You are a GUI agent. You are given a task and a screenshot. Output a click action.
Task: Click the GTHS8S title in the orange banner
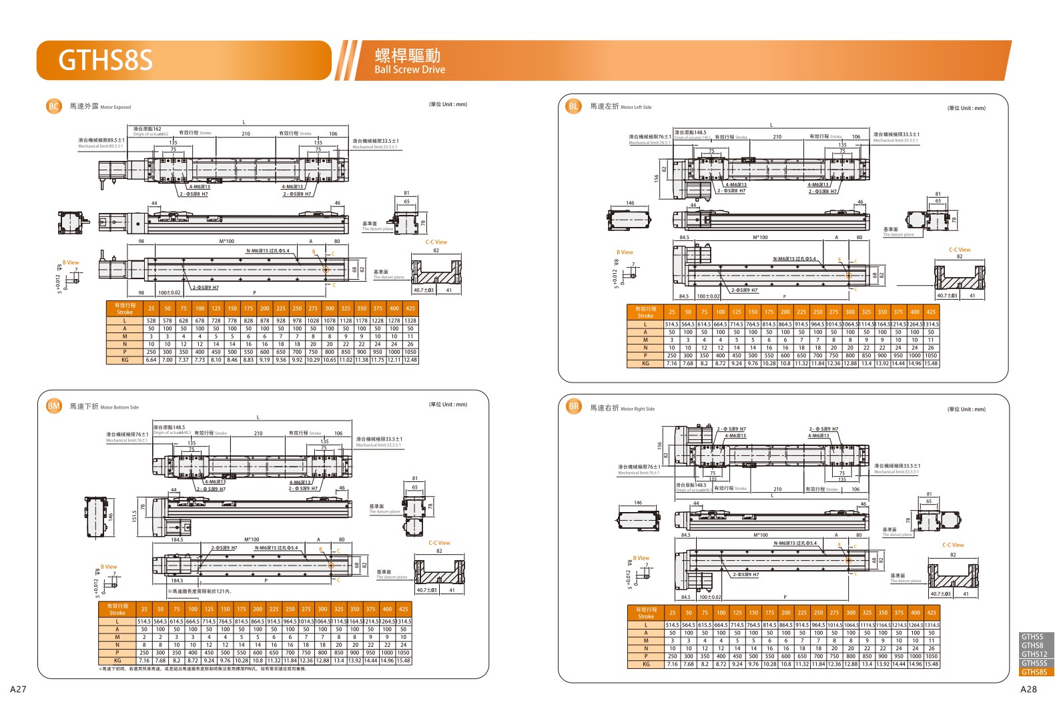105,60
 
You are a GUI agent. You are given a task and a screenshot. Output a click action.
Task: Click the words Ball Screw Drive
409,69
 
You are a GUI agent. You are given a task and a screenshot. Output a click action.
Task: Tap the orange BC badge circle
54,106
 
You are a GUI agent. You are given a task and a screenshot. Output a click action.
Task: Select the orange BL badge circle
573,106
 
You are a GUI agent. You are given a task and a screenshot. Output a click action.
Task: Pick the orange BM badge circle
54,406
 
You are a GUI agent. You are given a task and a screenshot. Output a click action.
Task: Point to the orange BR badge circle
573,407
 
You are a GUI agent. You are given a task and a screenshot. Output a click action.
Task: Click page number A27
18,689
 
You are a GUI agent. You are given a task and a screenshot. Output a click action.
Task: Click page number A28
1028,689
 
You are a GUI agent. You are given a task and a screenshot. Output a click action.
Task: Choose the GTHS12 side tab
1034,654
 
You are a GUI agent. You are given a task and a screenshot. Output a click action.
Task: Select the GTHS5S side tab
1034,663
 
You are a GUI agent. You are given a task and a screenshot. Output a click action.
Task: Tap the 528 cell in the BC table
151,320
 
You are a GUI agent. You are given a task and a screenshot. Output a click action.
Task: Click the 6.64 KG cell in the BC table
151,360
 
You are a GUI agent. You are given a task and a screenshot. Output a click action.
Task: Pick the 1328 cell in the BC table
410,320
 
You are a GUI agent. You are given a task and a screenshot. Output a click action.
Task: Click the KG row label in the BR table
646,664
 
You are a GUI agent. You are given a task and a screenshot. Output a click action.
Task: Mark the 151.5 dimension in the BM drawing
134,516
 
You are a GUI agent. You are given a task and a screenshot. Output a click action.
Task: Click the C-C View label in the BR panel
953,545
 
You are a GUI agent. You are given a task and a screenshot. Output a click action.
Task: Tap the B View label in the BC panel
71,262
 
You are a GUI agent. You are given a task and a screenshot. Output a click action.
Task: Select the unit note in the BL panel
966,107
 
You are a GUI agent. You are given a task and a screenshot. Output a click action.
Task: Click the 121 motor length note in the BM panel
201,592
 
